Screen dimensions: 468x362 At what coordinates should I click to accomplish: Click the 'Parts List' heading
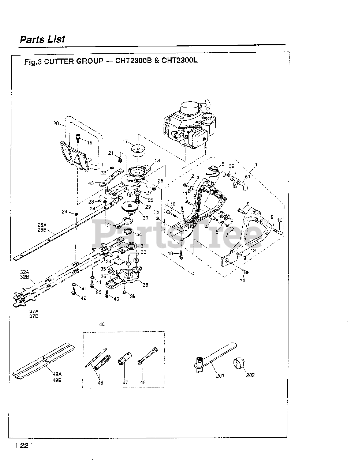(x=42, y=39)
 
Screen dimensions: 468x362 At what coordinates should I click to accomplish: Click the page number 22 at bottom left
(x=24, y=445)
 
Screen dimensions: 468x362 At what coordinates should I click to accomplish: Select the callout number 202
(x=250, y=375)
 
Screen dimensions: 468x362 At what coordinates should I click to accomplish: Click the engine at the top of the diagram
(x=187, y=124)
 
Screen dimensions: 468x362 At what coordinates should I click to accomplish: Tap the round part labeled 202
(x=240, y=364)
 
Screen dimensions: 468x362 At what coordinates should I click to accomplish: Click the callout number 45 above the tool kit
(x=102, y=324)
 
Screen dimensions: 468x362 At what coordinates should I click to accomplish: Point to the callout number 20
(x=56, y=124)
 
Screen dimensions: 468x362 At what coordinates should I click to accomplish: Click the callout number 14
(x=242, y=280)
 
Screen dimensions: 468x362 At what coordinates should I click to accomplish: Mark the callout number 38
(x=145, y=285)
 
